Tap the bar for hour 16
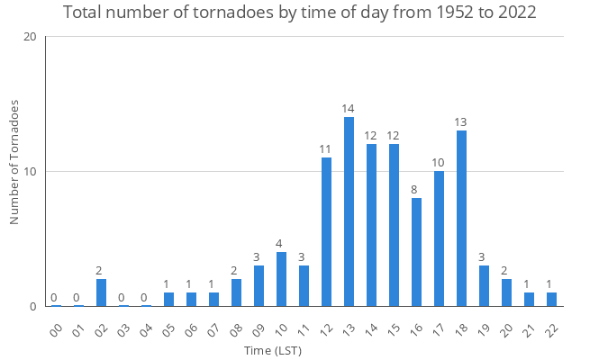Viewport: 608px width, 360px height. coord(416,252)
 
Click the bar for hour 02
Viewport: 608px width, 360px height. coord(101,292)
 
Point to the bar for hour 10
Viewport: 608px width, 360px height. coord(281,279)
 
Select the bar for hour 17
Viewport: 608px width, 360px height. coord(439,238)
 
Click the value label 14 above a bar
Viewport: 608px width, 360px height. coord(349,109)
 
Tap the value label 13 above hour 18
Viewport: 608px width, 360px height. coord(461,122)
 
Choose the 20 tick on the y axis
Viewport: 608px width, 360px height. coord(30,37)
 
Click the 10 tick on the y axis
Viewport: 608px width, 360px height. coord(30,172)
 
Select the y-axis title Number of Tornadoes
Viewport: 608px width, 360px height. coord(14,163)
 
